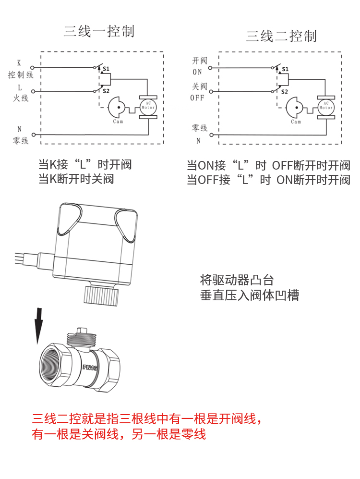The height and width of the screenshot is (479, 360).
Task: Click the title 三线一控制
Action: click(x=99, y=32)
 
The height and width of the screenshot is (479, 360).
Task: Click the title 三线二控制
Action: click(x=281, y=36)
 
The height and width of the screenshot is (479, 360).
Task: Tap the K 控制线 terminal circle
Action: click(x=32, y=68)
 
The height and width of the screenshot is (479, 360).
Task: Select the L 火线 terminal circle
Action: click(x=32, y=91)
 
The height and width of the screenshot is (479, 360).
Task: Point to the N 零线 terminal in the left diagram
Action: click(x=32, y=135)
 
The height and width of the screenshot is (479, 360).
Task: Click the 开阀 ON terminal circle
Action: click(x=211, y=68)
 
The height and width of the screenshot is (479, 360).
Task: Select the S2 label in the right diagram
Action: click(x=284, y=91)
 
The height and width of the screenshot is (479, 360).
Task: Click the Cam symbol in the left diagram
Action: click(x=117, y=108)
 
